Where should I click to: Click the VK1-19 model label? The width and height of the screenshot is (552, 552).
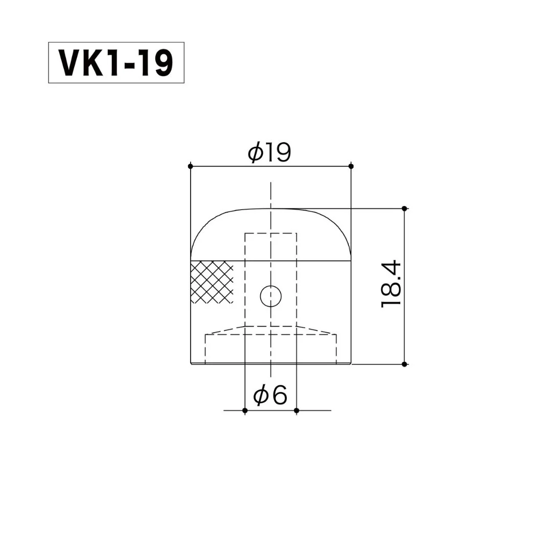pyautogui.click(x=116, y=63)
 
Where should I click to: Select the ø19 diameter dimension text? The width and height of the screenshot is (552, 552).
pyautogui.click(x=269, y=152)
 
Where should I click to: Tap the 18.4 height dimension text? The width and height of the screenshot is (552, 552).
pyautogui.click(x=391, y=284)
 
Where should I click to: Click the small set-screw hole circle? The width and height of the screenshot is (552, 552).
pyautogui.click(x=271, y=296)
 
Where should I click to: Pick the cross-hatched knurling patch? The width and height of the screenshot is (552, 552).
pyautogui.click(x=212, y=282)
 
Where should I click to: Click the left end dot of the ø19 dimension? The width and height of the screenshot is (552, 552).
pyautogui.click(x=191, y=166)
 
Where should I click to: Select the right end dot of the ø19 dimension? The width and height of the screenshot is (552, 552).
pyautogui.click(x=351, y=166)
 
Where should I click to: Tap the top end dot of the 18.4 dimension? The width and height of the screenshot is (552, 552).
pyautogui.click(x=404, y=209)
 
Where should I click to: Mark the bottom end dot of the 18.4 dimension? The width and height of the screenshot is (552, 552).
pyautogui.click(x=404, y=364)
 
